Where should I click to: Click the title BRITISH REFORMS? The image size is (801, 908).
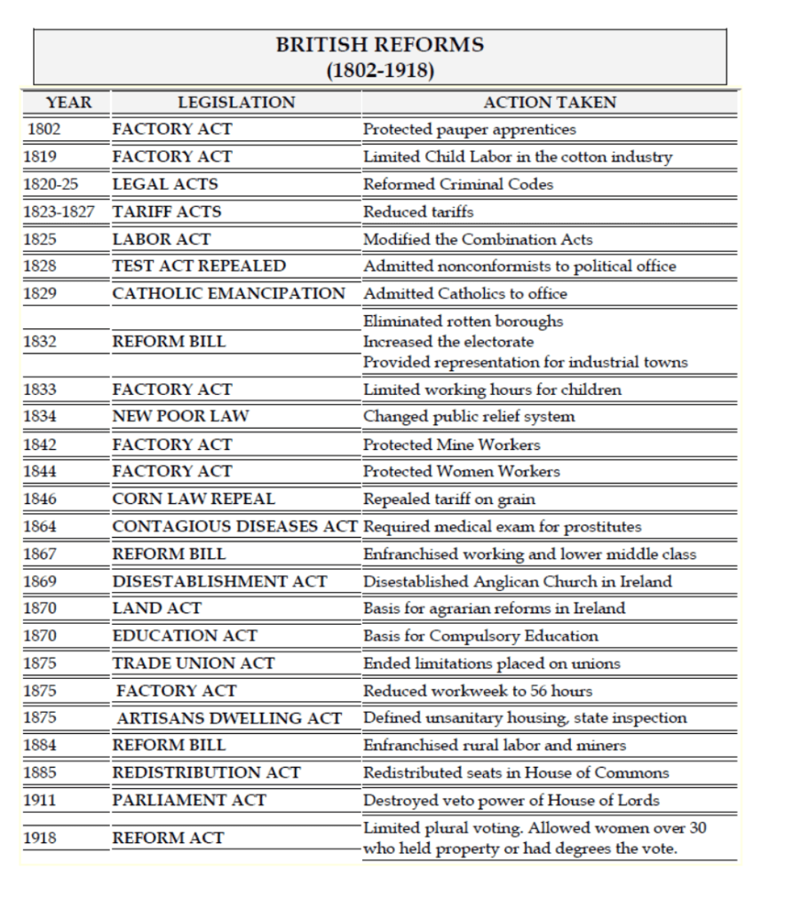pos(380,45)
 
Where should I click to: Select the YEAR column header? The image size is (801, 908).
pos(68,102)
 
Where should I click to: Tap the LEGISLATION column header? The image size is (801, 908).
pos(236,102)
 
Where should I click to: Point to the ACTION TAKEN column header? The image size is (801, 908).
pos(550,102)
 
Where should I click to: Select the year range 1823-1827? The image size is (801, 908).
pos(62,211)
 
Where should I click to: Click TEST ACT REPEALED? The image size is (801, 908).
pos(199,265)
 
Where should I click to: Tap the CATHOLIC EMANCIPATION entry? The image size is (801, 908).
pos(228,293)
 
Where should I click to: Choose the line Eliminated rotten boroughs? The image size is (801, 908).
pos(463,320)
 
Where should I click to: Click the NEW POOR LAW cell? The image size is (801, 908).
pos(180,416)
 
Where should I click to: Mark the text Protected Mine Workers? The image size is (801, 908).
pos(451,444)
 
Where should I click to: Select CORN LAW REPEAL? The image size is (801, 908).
pos(194,499)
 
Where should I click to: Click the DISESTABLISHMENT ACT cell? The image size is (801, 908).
pos(219,581)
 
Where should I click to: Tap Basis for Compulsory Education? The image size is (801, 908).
pos(480,636)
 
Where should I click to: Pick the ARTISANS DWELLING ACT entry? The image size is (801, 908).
pos(229,718)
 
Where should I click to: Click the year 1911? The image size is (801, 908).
pos(41,800)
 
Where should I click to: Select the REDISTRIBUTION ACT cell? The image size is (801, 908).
pos(206,772)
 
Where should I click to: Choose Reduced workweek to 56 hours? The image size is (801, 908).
pos(478,691)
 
